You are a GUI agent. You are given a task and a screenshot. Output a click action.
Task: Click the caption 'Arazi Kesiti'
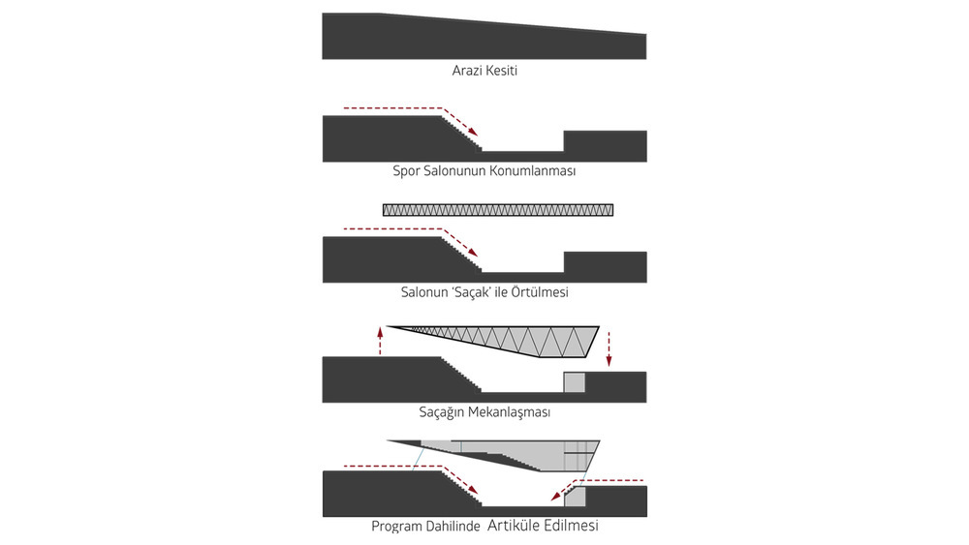click(484, 71)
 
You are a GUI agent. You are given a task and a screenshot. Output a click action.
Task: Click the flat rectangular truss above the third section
click(498, 209)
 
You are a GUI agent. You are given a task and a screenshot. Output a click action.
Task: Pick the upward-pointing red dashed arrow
click(380, 341)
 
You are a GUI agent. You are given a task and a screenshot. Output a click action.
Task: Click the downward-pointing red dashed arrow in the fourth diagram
click(609, 348)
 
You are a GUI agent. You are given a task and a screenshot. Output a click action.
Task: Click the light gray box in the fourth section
click(575, 381)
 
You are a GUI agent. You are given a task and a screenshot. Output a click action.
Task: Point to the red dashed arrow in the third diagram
click(407, 229)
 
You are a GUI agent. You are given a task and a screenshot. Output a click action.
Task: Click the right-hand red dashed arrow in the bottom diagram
click(601, 481)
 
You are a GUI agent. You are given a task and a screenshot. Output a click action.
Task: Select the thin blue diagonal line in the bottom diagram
click(419, 456)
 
